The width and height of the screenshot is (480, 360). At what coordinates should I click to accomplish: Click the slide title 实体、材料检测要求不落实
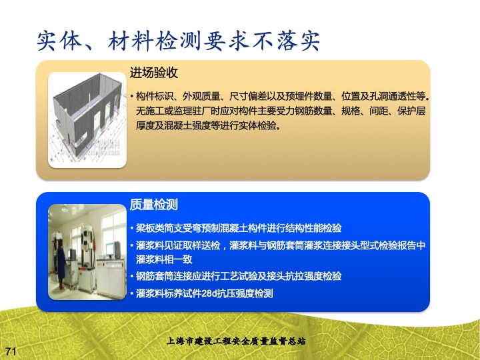click(179, 41)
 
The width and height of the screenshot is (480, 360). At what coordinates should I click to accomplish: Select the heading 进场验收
click(154, 73)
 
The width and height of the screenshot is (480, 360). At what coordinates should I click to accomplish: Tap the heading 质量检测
click(154, 205)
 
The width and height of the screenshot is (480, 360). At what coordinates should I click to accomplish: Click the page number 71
click(11, 351)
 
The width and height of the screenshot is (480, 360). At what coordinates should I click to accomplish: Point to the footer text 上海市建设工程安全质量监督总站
click(236, 341)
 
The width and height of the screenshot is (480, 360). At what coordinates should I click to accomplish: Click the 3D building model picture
click(87, 120)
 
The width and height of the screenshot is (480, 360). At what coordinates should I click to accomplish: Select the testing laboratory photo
click(87, 252)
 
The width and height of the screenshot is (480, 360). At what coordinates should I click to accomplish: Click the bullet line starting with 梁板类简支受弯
click(239, 228)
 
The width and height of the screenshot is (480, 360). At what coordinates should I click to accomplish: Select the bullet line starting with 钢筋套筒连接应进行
click(239, 276)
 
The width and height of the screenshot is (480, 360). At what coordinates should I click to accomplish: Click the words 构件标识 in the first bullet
click(155, 97)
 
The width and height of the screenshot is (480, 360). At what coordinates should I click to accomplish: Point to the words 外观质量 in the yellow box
click(201, 97)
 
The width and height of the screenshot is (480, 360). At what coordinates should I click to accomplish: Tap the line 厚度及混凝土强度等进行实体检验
click(208, 125)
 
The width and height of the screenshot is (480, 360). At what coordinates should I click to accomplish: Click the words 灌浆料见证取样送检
click(178, 245)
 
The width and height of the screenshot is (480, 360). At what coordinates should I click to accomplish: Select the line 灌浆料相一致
click(164, 259)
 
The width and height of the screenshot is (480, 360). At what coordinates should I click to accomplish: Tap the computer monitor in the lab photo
click(109, 250)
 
